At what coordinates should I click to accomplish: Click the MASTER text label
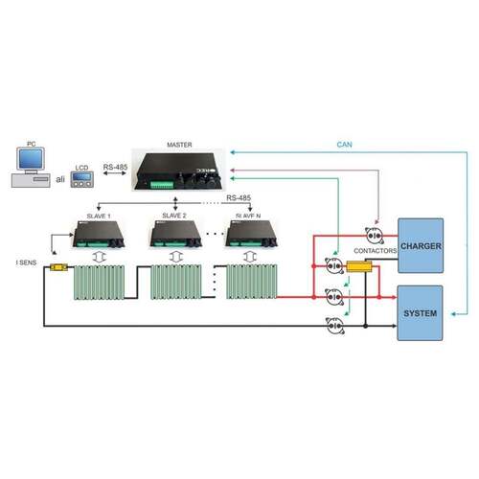point(179,146)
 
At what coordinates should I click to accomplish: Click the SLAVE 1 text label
point(99,216)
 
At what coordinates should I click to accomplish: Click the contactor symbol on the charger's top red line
point(375,236)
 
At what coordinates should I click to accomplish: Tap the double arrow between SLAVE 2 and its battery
point(174,257)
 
